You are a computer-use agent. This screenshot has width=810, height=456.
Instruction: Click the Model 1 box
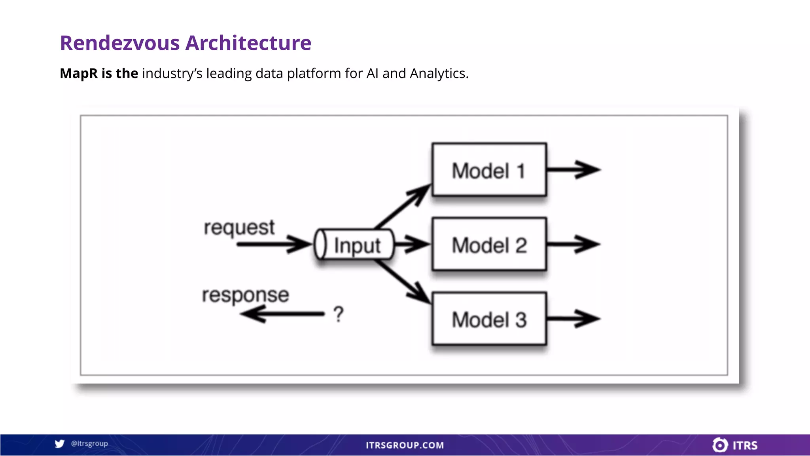pos(489,170)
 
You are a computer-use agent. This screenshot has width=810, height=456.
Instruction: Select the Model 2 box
pos(489,244)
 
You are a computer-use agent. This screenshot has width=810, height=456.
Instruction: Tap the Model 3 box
pos(489,319)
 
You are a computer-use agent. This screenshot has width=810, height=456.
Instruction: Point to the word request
pos(239,228)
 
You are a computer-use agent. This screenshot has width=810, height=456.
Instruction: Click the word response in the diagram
pos(245,295)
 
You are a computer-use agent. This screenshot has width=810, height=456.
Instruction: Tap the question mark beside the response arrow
pos(339,314)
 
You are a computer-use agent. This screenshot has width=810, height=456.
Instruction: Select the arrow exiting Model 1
pos(573,170)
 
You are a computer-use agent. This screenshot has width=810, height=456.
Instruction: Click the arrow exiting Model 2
pos(573,244)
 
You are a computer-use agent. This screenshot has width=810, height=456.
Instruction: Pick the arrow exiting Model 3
pos(573,319)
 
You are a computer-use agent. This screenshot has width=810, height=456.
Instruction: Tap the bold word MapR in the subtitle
pos(78,73)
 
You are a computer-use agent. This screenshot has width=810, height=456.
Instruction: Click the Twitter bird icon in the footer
pos(60,444)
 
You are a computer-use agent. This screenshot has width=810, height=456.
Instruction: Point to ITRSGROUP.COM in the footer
pos(405,445)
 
